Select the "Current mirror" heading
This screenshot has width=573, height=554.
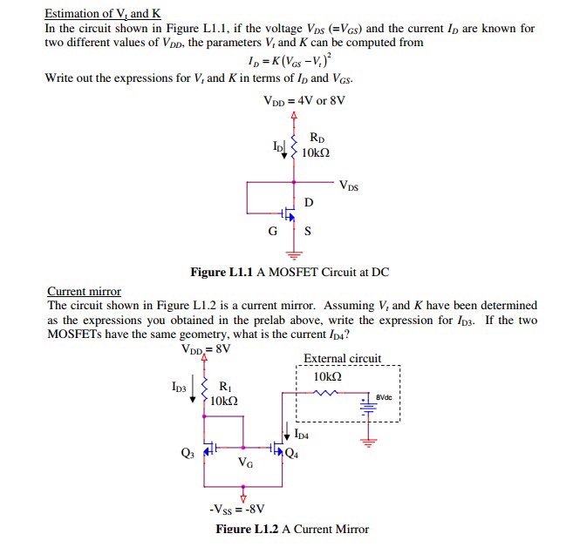pyautogui.click(x=84, y=291)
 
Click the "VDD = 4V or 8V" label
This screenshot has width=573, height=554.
pyautogui.click(x=304, y=99)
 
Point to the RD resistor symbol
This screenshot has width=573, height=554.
pyautogui.click(x=295, y=145)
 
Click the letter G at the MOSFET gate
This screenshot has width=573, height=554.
pyautogui.click(x=273, y=232)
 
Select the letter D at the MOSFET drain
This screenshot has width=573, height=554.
pyautogui.click(x=308, y=202)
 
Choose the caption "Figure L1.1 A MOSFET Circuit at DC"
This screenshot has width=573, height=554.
pyautogui.click(x=290, y=272)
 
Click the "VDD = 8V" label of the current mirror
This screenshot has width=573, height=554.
pyautogui.click(x=206, y=349)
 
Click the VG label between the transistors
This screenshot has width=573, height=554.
pyautogui.click(x=246, y=464)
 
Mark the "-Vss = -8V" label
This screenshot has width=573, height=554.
pyautogui.click(x=237, y=508)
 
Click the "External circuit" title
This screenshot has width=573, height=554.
pyautogui.click(x=342, y=358)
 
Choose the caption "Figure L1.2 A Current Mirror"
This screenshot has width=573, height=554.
pyautogui.click(x=292, y=529)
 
